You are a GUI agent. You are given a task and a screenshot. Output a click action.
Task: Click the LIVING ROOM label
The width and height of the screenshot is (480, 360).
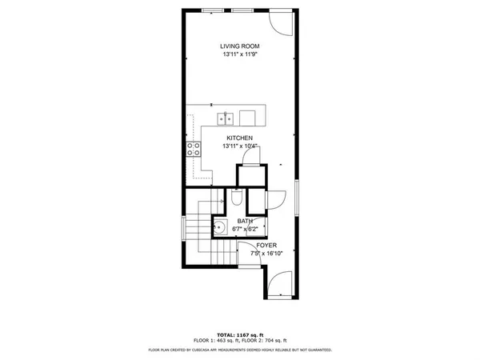click(x=241, y=46)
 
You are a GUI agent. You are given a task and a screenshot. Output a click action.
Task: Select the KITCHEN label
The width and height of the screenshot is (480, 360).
click(x=241, y=138)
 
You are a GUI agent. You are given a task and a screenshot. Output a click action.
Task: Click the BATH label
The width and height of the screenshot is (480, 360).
click(x=245, y=221)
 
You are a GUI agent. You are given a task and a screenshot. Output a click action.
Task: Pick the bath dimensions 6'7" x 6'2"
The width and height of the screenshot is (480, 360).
click(x=245, y=230)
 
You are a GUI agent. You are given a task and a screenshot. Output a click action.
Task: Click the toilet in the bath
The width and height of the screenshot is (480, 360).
click(x=237, y=198)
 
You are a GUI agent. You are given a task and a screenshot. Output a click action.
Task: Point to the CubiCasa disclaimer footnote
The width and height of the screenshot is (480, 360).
click(x=240, y=350)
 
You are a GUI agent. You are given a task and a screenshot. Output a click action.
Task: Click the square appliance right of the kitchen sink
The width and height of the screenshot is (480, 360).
click(x=248, y=118)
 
